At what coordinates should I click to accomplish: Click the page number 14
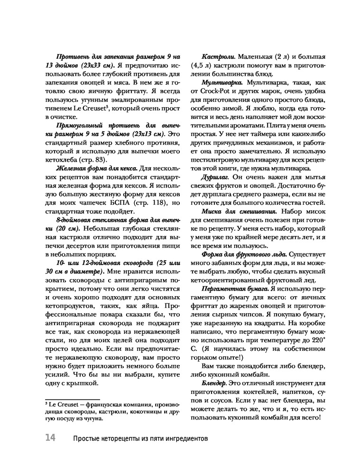pos(50,437)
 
